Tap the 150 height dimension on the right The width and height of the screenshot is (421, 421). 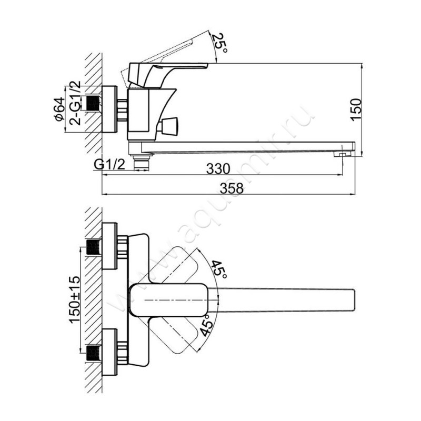pyautogui.click(x=357, y=109)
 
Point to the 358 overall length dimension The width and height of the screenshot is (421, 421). pyautogui.click(x=232, y=188)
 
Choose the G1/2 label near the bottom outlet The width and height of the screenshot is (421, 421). pyautogui.click(x=109, y=165)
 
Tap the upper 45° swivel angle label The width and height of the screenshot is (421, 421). pyautogui.click(x=219, y=270)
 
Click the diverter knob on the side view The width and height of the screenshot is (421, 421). pyautogui.click(x=170, y=126)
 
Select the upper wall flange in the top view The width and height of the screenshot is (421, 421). pyautogui.click(x=109, y=246)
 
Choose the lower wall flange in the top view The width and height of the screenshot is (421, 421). pyautogui.click(x=109, y=352)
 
